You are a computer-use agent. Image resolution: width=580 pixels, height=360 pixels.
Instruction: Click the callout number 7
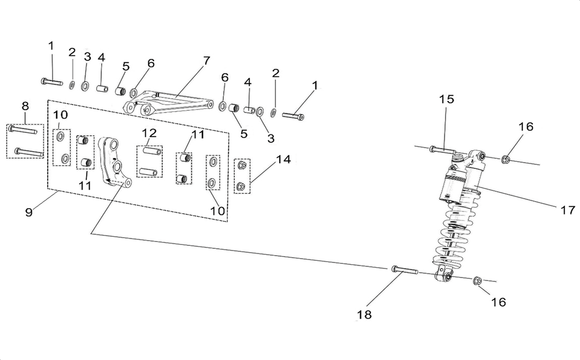206,61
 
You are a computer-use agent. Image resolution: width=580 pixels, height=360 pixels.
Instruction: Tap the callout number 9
29,212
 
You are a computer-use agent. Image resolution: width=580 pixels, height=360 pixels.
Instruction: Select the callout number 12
150,133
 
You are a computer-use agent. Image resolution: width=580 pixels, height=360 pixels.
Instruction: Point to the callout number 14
283,159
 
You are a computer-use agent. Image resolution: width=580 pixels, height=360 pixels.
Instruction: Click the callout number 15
446,99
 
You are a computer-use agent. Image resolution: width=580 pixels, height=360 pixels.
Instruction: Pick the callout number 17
567,210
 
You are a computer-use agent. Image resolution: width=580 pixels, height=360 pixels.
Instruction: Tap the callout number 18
364,315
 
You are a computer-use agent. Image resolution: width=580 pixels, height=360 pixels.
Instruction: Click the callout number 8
25,106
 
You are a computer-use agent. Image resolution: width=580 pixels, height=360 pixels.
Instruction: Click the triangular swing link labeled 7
168,103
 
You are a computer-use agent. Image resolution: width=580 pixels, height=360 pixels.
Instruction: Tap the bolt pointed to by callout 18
405,270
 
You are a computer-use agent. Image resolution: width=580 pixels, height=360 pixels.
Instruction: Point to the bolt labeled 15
442,150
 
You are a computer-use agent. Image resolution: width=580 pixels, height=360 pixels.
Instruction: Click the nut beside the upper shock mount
505,159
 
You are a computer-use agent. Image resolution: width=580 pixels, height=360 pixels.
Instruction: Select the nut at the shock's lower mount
477,281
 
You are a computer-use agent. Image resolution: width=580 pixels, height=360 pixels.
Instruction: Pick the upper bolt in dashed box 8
23,130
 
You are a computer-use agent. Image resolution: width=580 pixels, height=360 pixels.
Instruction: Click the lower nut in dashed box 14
241,186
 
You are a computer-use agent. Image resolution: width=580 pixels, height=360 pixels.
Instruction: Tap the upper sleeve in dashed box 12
152,151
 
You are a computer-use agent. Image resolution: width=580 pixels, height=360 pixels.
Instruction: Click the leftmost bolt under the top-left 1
52,82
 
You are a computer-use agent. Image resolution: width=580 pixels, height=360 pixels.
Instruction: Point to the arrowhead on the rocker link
108,180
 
